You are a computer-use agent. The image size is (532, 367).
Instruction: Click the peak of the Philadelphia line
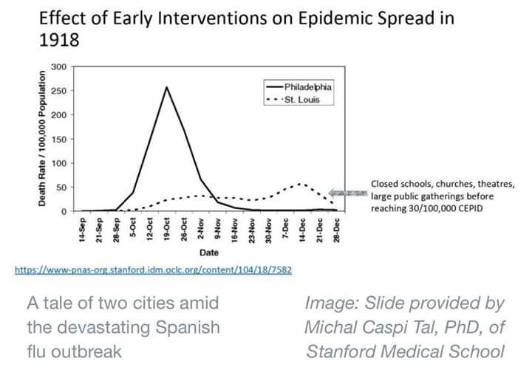tap(166, 87)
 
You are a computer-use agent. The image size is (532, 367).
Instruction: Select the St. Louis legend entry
tap(301, 100)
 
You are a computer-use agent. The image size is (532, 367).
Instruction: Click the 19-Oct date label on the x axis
tap(168, 229)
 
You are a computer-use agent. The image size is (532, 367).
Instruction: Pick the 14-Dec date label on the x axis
tap(301, 229)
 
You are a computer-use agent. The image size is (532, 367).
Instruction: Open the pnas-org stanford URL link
tap(153, 270)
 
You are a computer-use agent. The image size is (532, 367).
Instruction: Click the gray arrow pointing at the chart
tap(349, 192)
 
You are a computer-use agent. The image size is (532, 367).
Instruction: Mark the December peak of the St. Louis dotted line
tap(301, 184)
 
